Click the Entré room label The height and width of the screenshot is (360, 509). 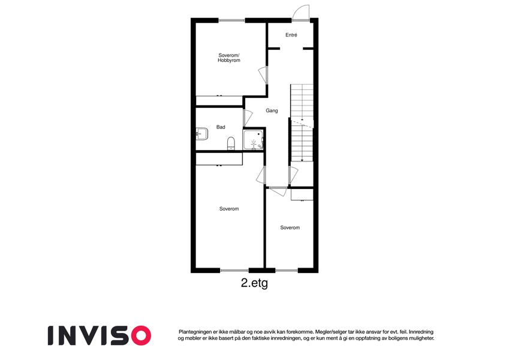coord(291,35)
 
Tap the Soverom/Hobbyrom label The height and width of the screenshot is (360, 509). coord(229,58)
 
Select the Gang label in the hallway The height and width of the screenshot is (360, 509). coord(272,110)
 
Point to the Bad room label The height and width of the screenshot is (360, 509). coord(221,127)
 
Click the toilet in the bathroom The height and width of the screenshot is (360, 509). coord(231,143)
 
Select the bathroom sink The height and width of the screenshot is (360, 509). coord(202,134)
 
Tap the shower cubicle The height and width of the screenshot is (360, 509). coord(254,140)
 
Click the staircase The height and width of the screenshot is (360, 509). coord(302,123)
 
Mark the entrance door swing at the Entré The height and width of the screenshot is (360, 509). coord(300,13)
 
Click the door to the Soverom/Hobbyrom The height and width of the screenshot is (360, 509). coord(264,76)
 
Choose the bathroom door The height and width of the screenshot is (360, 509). coord(248,117)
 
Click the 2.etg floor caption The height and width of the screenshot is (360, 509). coord(254,283)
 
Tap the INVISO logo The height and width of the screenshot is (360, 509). coord(100,335)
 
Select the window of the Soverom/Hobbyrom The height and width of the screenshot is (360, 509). coord(232,20)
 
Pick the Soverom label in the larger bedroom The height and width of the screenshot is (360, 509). coord(229,209)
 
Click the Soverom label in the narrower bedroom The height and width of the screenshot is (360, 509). coord(290,227)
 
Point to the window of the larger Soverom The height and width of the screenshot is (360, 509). coord(234,271)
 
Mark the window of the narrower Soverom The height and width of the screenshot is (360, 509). coord(287,271)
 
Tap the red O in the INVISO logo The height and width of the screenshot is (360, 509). coord(141,335)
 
